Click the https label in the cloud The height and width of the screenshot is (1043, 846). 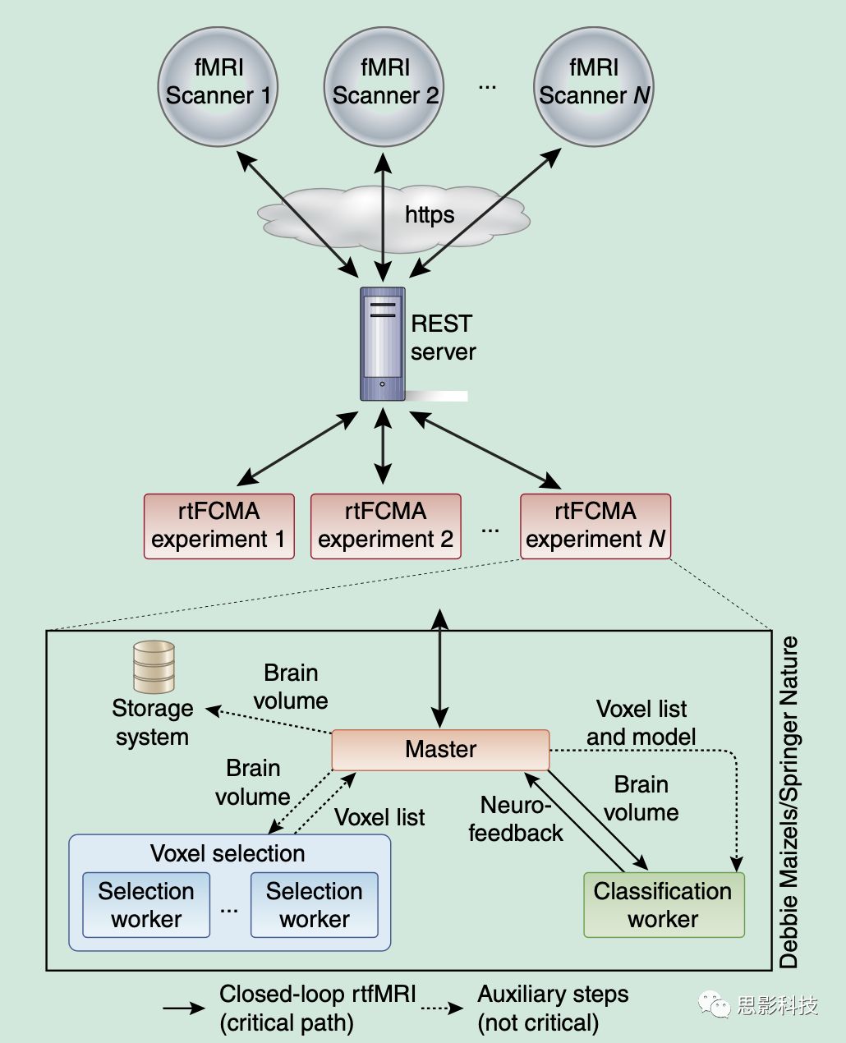pyautogui.click(x=429, y=215)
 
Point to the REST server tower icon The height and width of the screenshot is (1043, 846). pyautogui.click(x=383, y=343)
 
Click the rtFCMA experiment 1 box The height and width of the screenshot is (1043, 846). pyautogui.click(x=218, y=526)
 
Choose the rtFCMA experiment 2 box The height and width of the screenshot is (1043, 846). pyautogui.click(x=385, y=526)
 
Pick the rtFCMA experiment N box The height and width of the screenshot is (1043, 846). pyautogui.click(x=595, y=526)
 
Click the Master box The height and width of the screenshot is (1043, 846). pyautogui.click(x=440, y=749)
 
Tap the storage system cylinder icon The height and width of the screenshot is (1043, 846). pyautogui.click(x=154, y=667)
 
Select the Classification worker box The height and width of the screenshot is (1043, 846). pyautogui.click(x=663, y=904)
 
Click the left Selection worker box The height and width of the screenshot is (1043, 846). pyautogui.click(x=146, y=904)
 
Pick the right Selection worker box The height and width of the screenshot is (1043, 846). pyautogui.click(x=314, y=904)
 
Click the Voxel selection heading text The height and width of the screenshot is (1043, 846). pyautogui.click(x=228, y=853)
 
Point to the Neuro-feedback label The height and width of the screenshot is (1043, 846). pyautogui.click(x=516, y=819)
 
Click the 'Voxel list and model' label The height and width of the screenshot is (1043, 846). pyautogui.click(x=641, y=723)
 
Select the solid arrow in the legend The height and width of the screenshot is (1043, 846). pyautogui.click(x=184, y=1009)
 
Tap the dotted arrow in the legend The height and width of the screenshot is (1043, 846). pyautogui.click(x=444, y=1008)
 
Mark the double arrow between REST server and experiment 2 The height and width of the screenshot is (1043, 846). pyautogui.click(x=383, y=447)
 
